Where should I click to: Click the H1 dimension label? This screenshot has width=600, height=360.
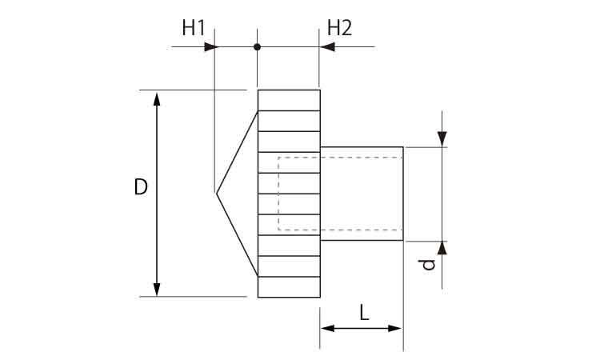(193, 28)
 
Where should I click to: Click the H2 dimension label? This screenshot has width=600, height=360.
(339, 28)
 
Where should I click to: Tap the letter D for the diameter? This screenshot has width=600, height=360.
(141, 188)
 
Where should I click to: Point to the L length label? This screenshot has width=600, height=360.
(364, 313)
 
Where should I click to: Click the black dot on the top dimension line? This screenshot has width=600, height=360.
(257, 47)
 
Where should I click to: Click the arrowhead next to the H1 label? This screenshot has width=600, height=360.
(210, 47)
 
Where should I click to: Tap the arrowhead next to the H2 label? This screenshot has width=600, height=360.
(326, 47)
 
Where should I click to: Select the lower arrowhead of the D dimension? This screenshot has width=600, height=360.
(157, 289)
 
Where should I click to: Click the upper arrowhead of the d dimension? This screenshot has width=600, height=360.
(442, 139)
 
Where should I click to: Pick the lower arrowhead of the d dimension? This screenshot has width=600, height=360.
(442, 247)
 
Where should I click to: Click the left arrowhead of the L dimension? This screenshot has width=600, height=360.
(326, 328)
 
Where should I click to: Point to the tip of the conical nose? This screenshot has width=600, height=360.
(216, 193)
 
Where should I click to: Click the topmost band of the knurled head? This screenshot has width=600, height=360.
(289, 100)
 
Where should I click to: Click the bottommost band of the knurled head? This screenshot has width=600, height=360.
(289, 287)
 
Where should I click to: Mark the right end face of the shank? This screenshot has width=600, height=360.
(402, 194)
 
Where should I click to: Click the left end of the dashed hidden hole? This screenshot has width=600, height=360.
(278, 194)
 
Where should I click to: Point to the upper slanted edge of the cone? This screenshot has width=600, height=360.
(237, 152)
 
